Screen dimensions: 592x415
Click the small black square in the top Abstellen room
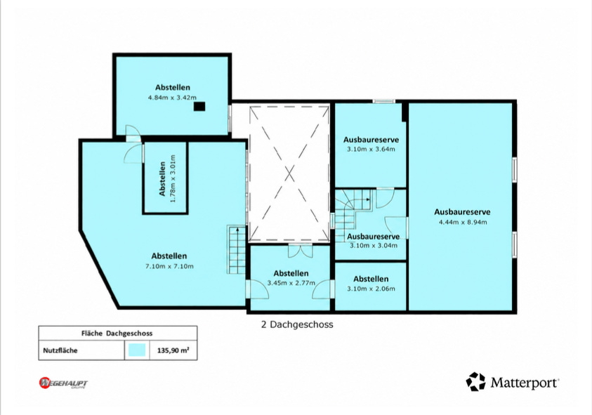(199, 107)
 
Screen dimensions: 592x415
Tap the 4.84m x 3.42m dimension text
(172, 98)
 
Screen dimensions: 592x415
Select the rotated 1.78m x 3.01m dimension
(173, 178)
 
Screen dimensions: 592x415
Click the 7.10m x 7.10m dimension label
(169, 266)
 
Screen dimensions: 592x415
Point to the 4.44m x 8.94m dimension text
(463, 222)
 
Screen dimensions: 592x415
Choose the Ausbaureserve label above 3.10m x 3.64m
(371, 140)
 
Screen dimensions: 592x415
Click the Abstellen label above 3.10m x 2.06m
(371, 279)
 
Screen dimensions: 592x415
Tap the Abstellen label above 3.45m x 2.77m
(291, 273)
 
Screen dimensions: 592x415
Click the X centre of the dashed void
(289, 174)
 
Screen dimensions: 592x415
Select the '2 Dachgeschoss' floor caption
(297, 324)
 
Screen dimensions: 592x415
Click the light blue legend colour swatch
(137, 350)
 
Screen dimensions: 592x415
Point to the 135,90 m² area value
(173, 350)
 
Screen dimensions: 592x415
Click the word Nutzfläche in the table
(60, 350)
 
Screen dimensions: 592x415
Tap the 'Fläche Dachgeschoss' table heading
(117, 334)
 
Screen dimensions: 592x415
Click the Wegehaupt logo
(63, 383)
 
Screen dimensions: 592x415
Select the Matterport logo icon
(475, 382)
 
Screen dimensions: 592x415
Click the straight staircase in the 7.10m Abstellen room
(237, 249)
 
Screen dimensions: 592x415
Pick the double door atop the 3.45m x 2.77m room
(300, 251)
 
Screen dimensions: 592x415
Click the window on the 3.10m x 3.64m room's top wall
(383, 101)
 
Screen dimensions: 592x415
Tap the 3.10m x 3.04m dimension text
(374, 246)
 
